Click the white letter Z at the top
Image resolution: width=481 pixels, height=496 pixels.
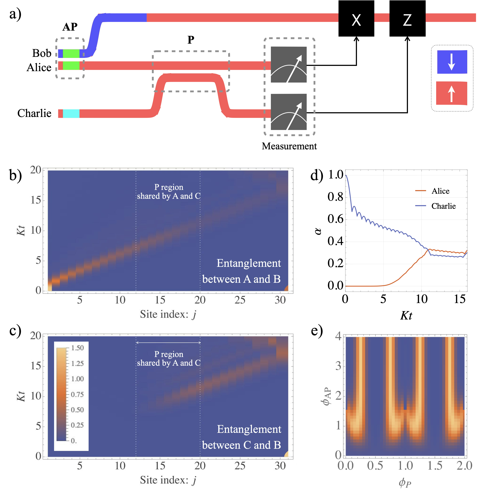[407, 20]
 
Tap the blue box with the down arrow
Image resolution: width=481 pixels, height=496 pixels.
[452, 62]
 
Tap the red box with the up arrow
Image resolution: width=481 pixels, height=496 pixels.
[451, 93]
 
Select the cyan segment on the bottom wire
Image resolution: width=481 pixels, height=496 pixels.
[71, 114]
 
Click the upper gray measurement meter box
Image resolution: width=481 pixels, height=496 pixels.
[289, 64]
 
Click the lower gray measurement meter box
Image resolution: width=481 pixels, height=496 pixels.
[289, 112]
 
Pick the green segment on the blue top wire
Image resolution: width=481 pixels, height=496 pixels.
[71, 53]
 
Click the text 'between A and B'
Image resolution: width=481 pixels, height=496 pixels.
[241, 279]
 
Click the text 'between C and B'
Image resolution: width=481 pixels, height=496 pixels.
[241, 445]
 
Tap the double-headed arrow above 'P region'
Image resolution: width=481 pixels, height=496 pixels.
[168, 343]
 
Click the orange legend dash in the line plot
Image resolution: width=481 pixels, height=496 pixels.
[421, 190]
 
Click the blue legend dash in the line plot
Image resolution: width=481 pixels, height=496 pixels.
[421, 205]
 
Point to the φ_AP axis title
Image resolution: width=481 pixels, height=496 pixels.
[327, 396]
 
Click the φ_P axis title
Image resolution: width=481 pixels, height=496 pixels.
[405, 483]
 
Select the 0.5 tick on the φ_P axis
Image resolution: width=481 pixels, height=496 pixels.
[375, 465]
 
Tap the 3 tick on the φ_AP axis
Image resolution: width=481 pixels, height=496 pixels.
[338, 366]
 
